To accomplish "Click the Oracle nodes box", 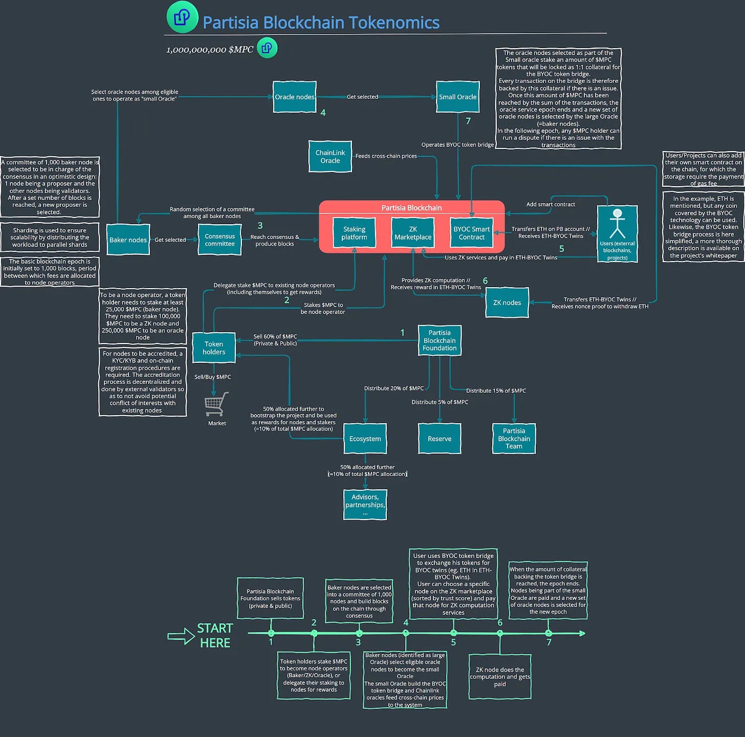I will tap(295, 97).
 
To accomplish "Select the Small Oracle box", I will tap(457, 97).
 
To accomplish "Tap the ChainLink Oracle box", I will tap(330, 157).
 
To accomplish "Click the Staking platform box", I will tap(354, 233).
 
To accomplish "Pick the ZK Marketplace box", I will tap(412, 233).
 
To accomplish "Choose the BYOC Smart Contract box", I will tap(471, 233).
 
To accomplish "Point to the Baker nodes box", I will tap(128, 240).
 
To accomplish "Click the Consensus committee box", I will tap(220, 240).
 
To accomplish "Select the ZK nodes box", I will tap(507, 302).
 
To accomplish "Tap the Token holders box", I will tap(213, 348).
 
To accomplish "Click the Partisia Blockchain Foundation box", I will tap(439, 340).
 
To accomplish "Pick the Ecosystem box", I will tap(365, 439).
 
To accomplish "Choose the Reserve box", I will tap(439, 439).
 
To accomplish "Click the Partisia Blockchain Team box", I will tap(514, 439).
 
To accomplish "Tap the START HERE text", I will tap(215, 635).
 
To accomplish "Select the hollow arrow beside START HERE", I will tap(181, 637).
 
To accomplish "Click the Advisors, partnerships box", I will tap(365, 504).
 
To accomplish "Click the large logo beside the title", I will tap(182, 17).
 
